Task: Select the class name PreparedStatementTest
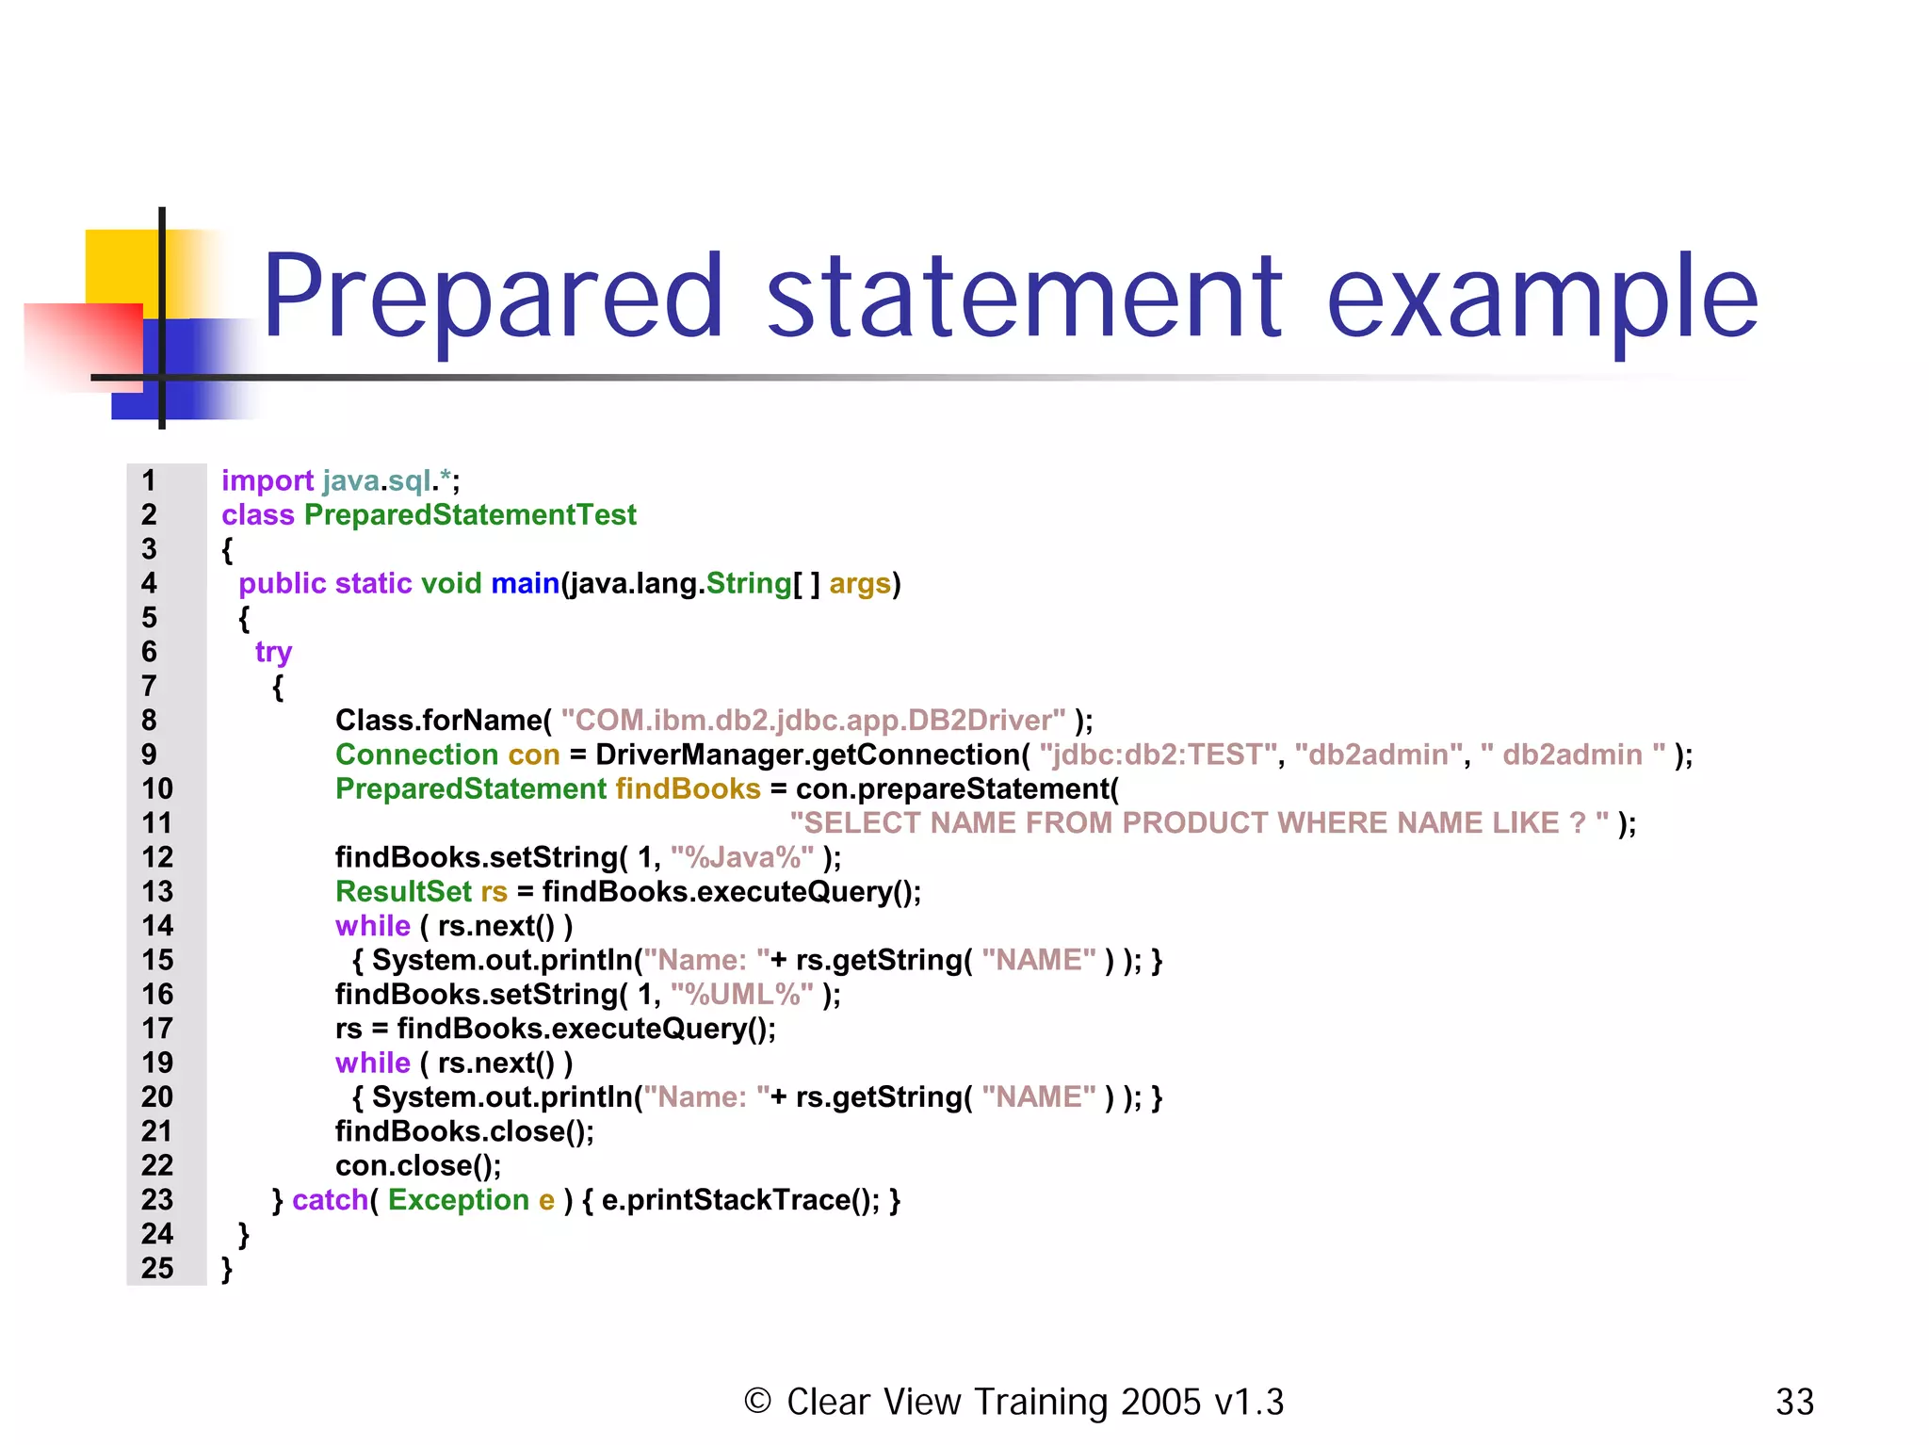click(470, 515)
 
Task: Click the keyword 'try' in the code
click(273, 652)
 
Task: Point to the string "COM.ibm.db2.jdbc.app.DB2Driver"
click(814, 721)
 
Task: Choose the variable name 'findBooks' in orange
click(688, 789)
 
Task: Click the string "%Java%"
click(742, 857)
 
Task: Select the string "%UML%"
click(742, 995)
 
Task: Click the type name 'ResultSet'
click(403, 892)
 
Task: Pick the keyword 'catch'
click(330, 1200)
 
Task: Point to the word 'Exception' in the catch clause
click(459, 1200)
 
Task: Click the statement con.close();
click(418, 1166)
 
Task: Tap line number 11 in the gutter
click(157, 823)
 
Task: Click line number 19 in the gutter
click(157, 1063)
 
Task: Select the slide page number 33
click(1794, 1403)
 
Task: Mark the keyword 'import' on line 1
click(267, 481)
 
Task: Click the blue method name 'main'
click(525, 584)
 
